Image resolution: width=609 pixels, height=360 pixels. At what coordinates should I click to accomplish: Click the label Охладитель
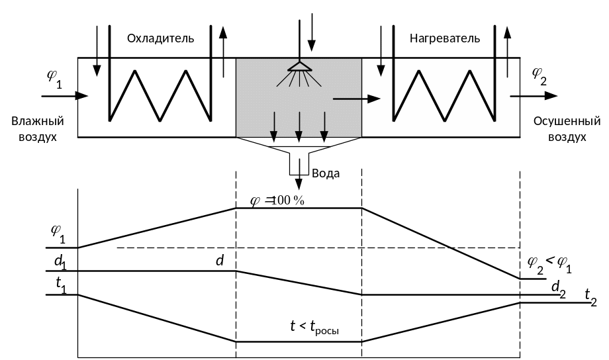tap(161, 38)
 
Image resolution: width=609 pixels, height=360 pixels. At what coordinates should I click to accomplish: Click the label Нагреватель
tap(445, 38)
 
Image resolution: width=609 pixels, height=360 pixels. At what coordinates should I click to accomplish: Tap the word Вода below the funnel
tap(326, 173)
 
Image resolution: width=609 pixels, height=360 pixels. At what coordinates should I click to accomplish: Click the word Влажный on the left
tap(37, 122)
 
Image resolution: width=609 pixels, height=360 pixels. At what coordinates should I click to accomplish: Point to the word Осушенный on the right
tap(567, 122)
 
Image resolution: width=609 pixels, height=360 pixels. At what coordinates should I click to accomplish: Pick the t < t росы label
tap(314, 326)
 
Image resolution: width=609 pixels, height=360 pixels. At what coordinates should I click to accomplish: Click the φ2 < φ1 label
tap(549, 263)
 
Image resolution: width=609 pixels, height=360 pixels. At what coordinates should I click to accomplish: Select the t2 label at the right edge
tap(590, 297)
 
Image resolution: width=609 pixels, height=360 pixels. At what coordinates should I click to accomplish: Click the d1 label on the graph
tap(60, 263)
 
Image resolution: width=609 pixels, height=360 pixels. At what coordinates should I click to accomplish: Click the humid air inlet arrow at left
tap(64, 96)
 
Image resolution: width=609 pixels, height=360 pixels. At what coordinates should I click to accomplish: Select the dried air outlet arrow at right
tap(534, 96)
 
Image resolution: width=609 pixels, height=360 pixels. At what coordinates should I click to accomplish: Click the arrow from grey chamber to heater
tap(356, 99)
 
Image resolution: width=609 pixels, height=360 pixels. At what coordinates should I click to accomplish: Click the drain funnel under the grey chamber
tap(299, 159)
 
